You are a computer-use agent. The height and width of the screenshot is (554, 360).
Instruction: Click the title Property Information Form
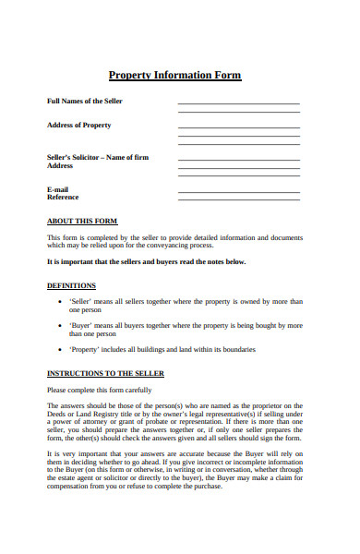[175, 76]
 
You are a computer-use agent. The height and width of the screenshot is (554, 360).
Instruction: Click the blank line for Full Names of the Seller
[238, 102]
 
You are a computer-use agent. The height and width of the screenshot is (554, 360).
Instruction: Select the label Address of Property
[78, 125]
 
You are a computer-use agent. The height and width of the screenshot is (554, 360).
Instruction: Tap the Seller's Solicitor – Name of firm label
[97, 157]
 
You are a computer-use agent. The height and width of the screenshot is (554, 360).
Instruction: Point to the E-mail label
[58, 188]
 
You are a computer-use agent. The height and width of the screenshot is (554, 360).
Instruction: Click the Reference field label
[63, 197]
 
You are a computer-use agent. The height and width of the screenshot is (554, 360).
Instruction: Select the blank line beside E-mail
[238, 191]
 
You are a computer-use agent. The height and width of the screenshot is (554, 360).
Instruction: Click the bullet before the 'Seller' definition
[60, 302]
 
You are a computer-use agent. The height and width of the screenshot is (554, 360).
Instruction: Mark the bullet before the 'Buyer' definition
[60, 326]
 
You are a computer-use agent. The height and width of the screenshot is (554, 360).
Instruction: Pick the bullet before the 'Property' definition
[60, 350]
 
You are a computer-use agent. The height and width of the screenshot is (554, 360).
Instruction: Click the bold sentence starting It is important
[146, 261]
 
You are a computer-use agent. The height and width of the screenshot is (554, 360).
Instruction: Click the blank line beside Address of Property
[238, 126]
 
